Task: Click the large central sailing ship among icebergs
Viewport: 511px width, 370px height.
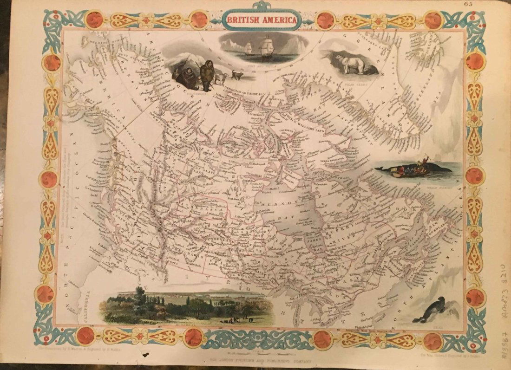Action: point(267,48)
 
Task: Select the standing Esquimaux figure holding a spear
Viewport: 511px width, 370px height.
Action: point(206,75)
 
